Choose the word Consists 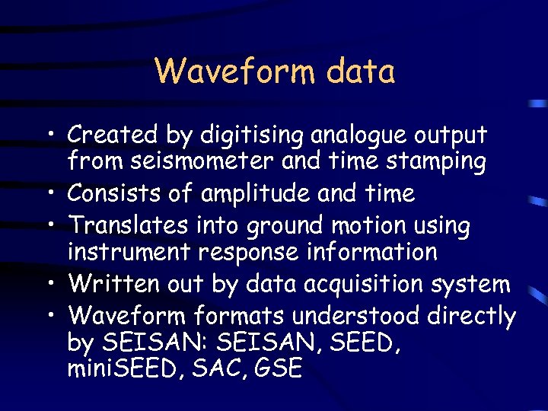(115, 193)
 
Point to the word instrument (128, 251)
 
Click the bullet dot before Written (54, 285)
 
